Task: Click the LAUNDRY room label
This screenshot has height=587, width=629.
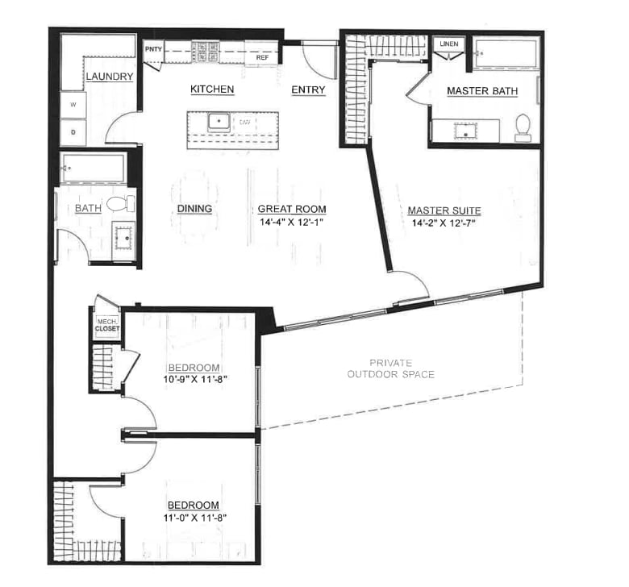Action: coord(109,77)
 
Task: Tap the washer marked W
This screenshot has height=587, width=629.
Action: coord(73,105)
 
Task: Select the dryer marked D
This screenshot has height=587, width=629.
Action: coord(73,131)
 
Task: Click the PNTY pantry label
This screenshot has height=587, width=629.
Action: coord(153,49)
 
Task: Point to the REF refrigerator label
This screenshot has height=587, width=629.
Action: coord(262,58)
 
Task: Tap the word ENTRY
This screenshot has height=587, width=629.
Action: coord(308,90)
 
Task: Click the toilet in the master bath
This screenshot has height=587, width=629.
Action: coord(523,127)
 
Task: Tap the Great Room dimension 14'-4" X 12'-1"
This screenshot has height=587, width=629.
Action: coord(291,221)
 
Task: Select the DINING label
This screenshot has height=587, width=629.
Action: coord(194,209)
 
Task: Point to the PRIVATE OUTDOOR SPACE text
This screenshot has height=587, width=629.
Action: coord(390,368)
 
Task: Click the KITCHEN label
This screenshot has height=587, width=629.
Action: coord(212,89)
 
